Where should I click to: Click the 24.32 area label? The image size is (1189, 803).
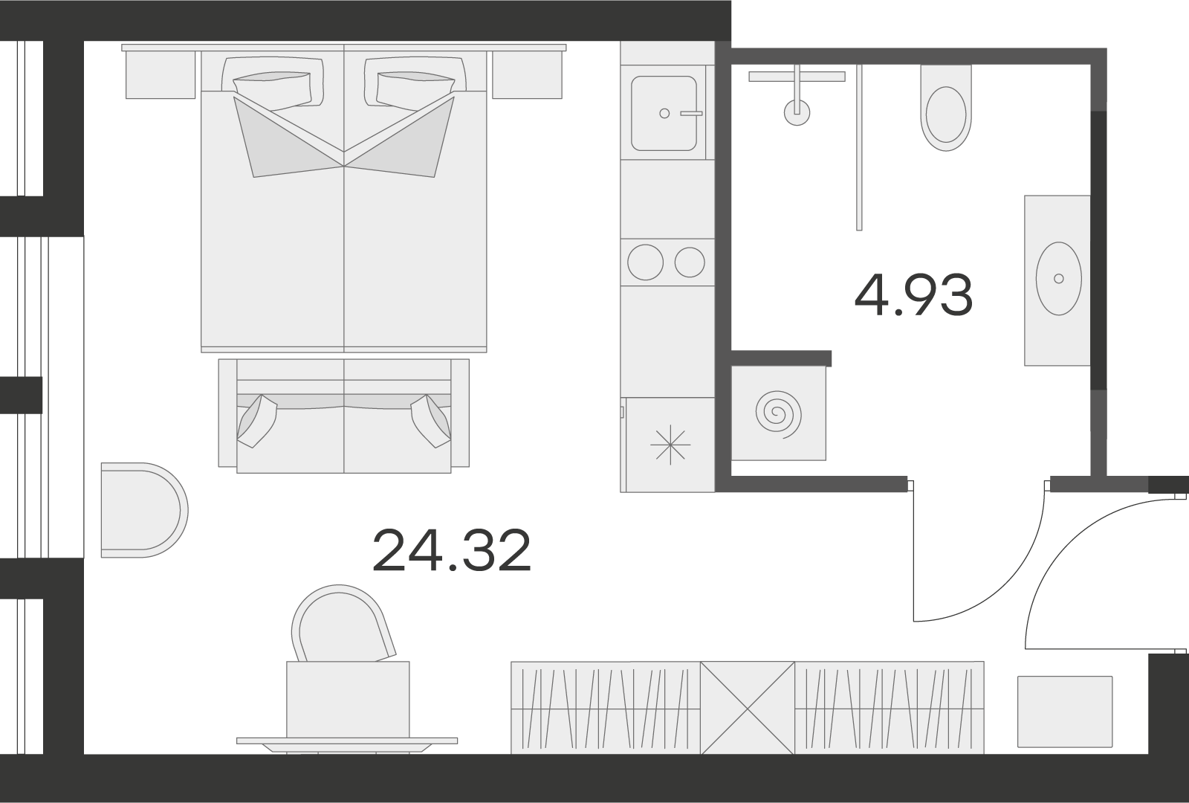452,550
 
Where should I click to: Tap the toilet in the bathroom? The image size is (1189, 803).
946,108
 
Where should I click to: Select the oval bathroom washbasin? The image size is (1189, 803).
1058,279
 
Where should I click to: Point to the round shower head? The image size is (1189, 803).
797,112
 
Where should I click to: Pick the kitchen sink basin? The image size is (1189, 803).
664,113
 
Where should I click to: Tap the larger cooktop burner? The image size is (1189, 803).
646,262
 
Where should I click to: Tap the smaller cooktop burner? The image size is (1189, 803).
690,262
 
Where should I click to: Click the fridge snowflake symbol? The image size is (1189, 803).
670,445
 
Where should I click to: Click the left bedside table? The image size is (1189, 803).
161,74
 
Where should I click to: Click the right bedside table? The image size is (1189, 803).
527,74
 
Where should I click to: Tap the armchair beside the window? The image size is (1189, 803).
144,510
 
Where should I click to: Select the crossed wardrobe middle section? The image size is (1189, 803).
748,708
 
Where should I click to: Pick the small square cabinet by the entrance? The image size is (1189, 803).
1065,712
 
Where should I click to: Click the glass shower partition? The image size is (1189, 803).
859,148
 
